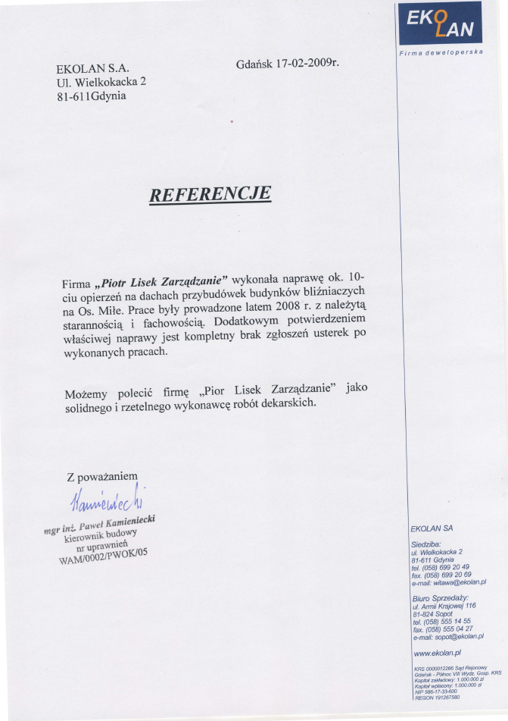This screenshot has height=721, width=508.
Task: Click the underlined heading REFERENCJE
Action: click(x=210, y=195)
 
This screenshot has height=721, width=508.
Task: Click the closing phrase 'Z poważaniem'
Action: click(x=102, y=477)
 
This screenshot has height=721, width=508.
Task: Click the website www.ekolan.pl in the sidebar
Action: click(x=437, y=652)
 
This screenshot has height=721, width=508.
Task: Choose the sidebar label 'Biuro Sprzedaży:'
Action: click(x=440, y=598)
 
